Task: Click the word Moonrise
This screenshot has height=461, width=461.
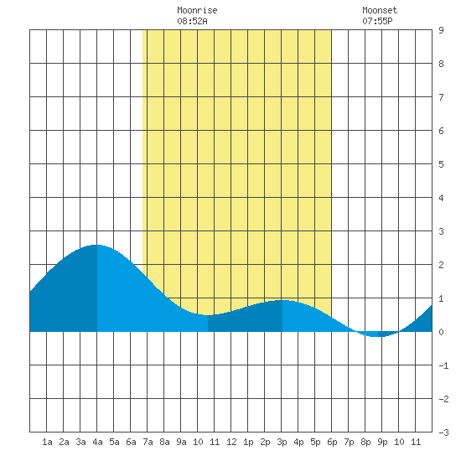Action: coord(197,10)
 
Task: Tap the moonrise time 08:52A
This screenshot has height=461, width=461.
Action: coord(192,21)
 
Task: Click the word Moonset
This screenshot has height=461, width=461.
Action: coord(380,10)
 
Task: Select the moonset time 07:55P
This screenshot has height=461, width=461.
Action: coord(377,21)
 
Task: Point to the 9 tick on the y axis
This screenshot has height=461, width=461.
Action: coord(441,30)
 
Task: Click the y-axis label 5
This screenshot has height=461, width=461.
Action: coord(441,164)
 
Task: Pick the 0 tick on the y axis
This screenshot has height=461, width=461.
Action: coord(441,332)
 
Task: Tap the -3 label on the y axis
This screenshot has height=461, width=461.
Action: coord(443,433)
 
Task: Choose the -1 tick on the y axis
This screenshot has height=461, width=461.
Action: coord(443,365)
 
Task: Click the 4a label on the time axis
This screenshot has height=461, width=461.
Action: coord(97,442)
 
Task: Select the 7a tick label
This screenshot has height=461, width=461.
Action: coord(148,442)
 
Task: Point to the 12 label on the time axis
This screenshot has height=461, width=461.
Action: coord(231,442)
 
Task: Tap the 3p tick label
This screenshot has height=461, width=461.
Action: coord(282,442)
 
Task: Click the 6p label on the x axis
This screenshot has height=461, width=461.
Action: coord(332,442)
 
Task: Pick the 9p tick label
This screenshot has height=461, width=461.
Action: coord(382,442)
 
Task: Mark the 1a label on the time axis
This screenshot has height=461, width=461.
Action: coord(47,442)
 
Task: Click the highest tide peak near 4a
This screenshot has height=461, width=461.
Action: coord(96,245)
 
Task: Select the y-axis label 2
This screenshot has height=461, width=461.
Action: coord(441,265)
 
